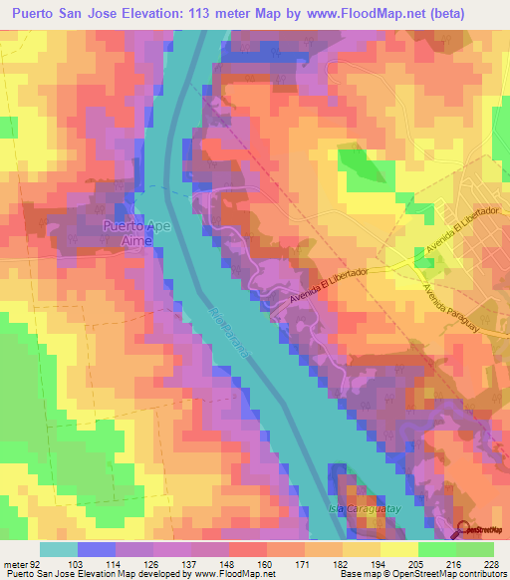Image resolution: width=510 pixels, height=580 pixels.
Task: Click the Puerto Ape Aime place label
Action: coord(130,234)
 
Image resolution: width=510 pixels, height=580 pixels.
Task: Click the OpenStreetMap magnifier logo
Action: coord(465,529)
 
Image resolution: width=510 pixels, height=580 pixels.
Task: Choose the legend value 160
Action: coord(263,564)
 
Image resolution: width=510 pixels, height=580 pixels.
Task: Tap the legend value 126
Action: coord(150,564)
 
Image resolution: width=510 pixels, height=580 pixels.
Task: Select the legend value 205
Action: coord(412,564)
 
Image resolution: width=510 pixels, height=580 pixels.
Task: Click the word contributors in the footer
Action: coord(479,575)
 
